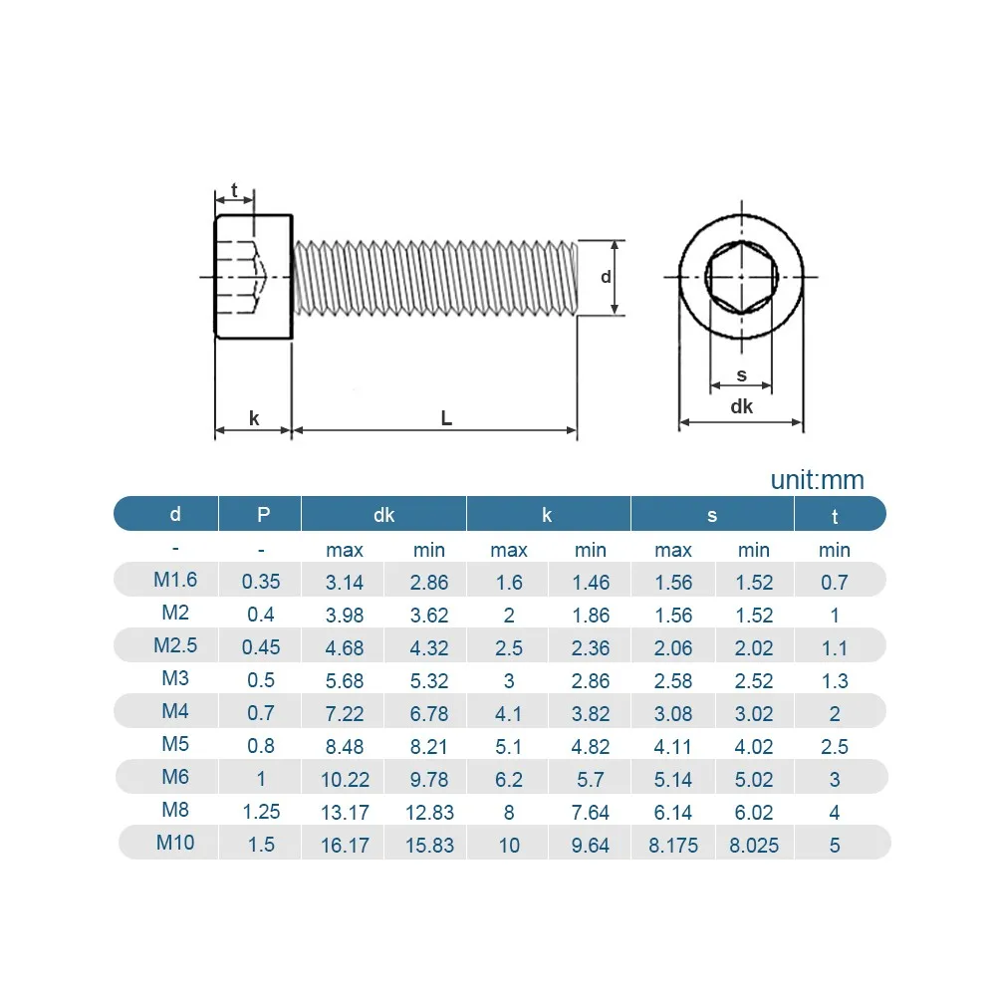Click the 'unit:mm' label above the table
tap(817, 480)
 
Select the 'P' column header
tap(263, 514)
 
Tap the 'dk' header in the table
tap(383, 515)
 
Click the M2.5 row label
tap(175, 645)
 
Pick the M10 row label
tap(175, 843)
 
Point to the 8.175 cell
tap(673, 846)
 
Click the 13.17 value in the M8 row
tap(345, 813)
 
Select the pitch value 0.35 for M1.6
tap(261, 582)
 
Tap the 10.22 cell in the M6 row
tap(345, 780)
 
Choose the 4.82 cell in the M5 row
tap(590, 746)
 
